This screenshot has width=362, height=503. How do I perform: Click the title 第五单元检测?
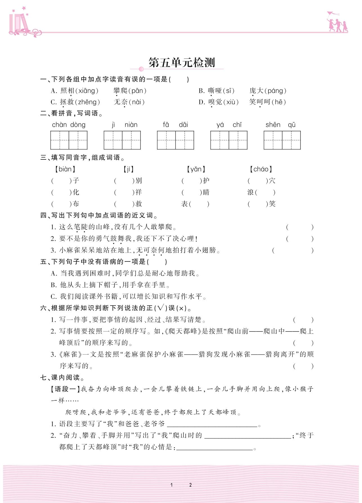point(181,63)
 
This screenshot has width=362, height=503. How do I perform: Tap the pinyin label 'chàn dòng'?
point(69,125)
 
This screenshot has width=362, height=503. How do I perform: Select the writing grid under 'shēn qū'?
point(282,140)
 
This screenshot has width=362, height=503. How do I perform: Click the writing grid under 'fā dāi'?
point(175,140)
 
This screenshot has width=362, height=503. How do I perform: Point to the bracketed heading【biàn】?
point(65,169)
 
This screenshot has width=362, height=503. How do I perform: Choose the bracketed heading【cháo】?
point(261,169)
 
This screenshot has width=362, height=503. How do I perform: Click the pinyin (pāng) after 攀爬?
point(138,91)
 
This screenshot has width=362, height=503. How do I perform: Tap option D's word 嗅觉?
point(215,102)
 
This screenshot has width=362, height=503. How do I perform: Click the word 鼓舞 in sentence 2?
point(117,239)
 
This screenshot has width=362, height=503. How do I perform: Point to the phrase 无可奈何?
point(150,250)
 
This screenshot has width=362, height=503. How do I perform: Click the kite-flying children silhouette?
point(337,22)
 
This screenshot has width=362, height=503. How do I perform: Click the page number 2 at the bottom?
point(190,485)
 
